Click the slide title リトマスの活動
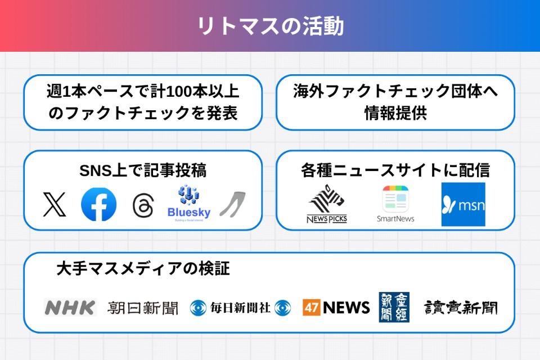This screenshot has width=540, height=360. click(x=270, y=26)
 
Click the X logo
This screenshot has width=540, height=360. click(x=55, y=204)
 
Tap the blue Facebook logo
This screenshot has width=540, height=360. click(x=99, y=204)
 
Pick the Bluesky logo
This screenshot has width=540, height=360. click(x=189, y=203)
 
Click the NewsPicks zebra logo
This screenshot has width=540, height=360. click(x=327, y=204)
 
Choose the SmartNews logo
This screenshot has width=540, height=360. click(x=395, y=204)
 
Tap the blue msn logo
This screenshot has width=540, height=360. click(x=463, y=204)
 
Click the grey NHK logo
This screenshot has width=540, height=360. click(x=70, y=308)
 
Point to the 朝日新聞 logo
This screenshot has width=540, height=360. click(x=143, y=308)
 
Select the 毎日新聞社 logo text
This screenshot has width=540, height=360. click(x=240, y=308)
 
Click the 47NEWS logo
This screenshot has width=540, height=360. click(x=336, y=307)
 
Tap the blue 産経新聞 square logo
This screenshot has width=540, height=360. click(x=394, y=307)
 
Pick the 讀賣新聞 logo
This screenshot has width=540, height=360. click(x=461, y=307)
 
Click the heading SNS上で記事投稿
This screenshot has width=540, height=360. click(x=143, y=170)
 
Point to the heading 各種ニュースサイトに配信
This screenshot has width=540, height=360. click(x=395, y=170)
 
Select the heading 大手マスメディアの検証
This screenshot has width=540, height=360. click(x=143, y=269)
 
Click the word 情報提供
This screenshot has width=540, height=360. click(x=395, y=113)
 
